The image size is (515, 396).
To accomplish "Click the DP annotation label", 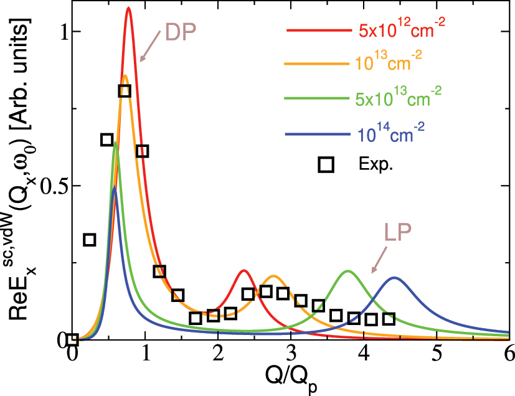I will coord(181,32).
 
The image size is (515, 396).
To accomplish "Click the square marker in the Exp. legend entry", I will coord(326,164).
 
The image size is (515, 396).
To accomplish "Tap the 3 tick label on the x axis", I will coord(290,354).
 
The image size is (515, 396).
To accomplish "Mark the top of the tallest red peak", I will coord(128,8).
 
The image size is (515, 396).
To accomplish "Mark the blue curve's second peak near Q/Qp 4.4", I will coord(394,278).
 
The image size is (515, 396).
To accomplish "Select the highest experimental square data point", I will coord(124,91).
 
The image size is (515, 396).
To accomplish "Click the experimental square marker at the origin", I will coord(73,339).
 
